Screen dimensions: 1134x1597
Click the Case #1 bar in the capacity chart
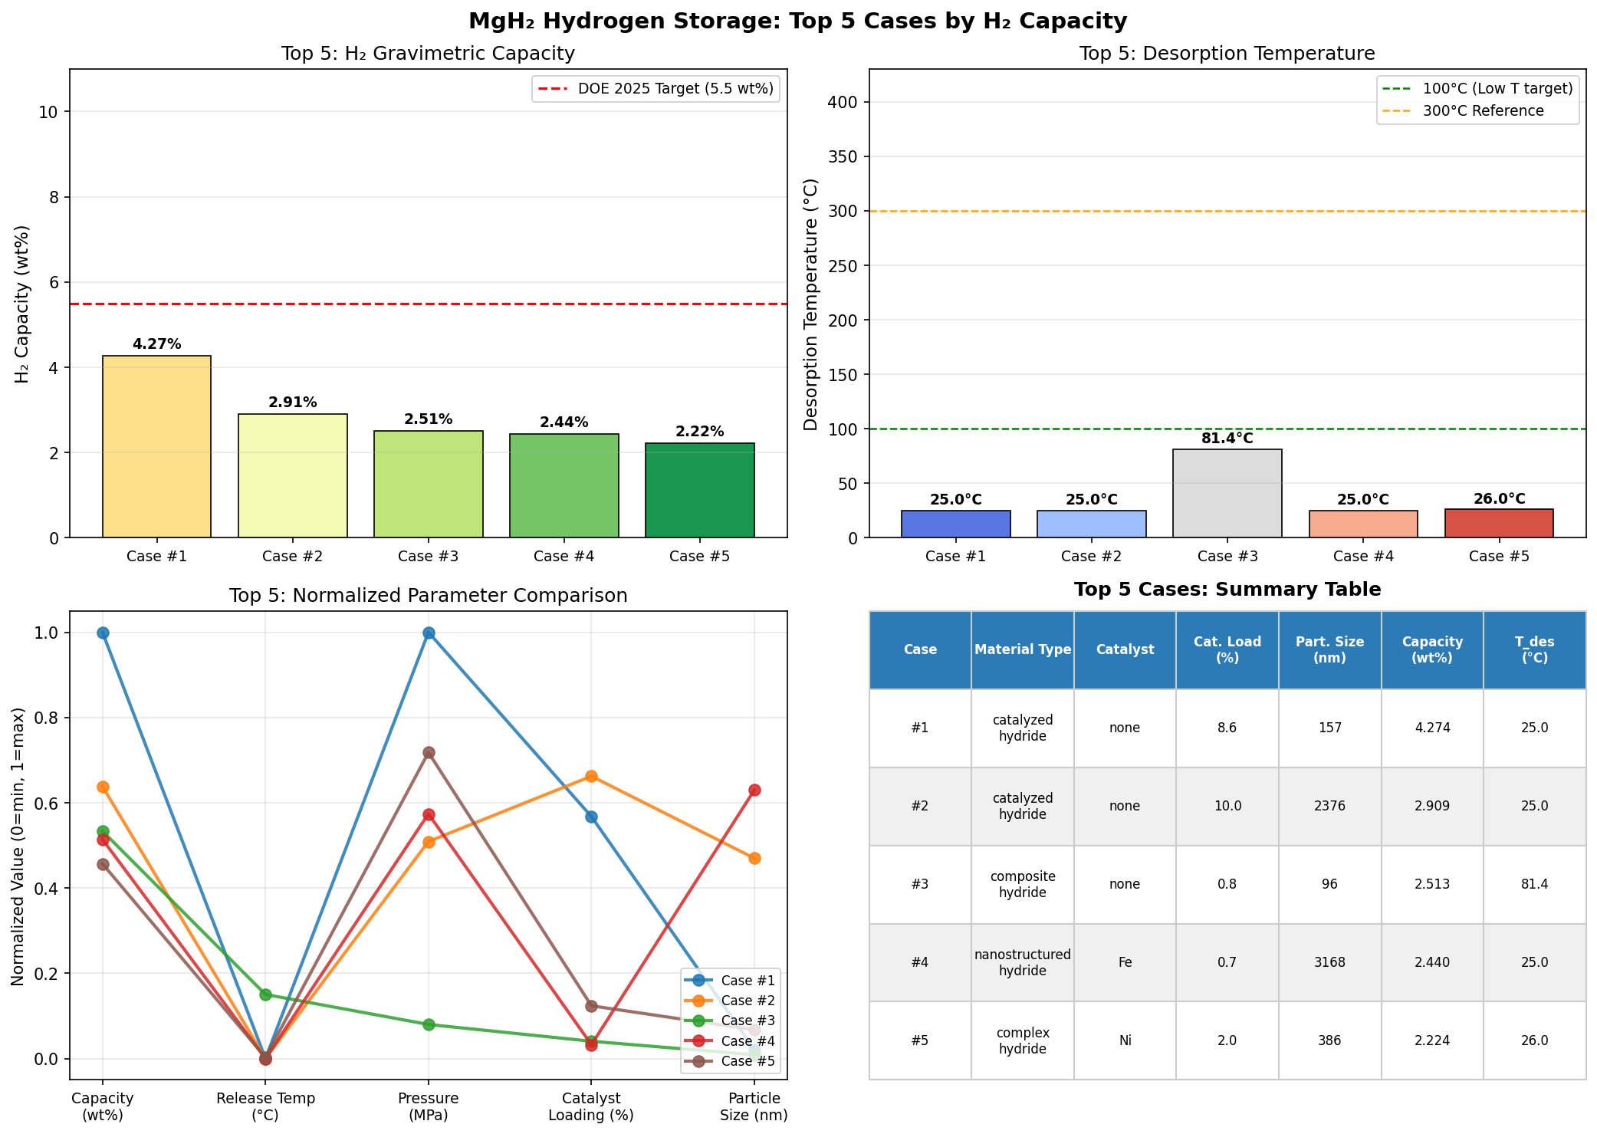point(156,446)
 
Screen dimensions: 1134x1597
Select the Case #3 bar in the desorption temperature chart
point(1227,493)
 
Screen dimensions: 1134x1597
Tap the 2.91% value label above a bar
point(292,403)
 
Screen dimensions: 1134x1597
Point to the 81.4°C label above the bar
point(1227,439)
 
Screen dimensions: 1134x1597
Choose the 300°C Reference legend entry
point(1483,111)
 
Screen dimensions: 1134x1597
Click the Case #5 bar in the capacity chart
point(699,490)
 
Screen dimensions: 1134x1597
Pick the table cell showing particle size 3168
point(1329,962)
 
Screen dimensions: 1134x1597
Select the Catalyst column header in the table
point(1125,649)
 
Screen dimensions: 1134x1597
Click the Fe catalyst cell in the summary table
point(1125,962)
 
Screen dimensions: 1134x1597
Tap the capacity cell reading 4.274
point(1432,728)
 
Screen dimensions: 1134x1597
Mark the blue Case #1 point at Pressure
point(429,633)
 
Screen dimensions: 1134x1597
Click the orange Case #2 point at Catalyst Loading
point(591,776)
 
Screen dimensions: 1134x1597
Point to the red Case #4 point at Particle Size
point(754,790)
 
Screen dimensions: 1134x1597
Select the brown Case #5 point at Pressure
point(429,752)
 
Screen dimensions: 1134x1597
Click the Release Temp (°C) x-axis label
point(265,1106)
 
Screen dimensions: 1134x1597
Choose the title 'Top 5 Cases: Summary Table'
point(1227,590)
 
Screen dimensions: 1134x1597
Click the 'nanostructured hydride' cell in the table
point(1022,962)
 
